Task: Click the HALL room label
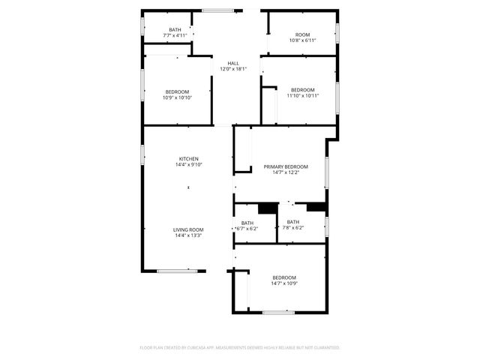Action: pos(233,63)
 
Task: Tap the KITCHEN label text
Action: pos(188,158)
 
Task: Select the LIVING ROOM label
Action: pos(188,229)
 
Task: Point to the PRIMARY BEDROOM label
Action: pos(286,166)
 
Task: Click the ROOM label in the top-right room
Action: pos(302,34)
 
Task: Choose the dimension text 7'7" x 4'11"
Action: pos(175,35)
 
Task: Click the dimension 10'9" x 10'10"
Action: pos(177,97)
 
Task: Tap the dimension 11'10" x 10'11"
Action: pos(303,95)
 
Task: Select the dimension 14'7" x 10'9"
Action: pos(284,283)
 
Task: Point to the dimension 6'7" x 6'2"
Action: pos(247,228)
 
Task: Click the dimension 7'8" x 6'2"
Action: pos(292,228)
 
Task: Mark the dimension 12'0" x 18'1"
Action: pos(233,69)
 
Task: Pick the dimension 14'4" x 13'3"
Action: pos(188,235)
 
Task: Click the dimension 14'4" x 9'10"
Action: pos(188,164)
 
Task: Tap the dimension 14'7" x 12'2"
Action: pos(286,172)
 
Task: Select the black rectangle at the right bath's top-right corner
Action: pos(316,208)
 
